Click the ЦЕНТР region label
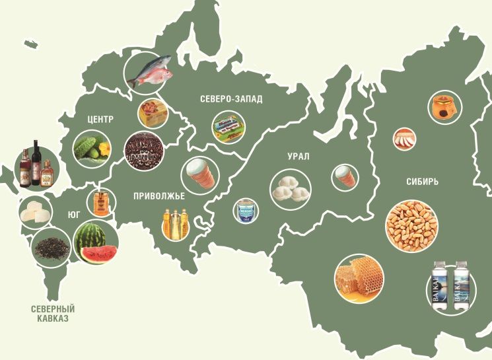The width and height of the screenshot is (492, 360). coord(100,120)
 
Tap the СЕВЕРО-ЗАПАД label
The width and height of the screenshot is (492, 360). coord(230,99)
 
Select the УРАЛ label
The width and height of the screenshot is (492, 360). coord(299,157)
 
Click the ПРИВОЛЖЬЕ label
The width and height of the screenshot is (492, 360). coord(158,196)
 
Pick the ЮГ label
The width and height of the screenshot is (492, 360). coord(74,215)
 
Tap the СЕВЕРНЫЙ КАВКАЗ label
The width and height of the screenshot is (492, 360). coord(53,314)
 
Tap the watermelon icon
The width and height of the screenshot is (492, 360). coord(96,242)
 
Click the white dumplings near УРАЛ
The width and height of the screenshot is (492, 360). coord(291,188)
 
